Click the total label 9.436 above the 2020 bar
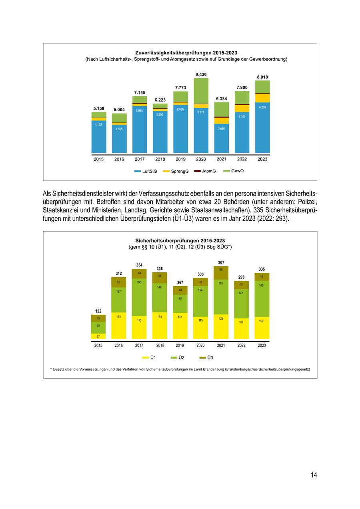(x=201, y=74)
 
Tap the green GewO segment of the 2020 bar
(x=201, y=91)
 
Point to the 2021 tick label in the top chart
(x=221, y=159)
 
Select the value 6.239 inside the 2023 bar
(x=262, y=107)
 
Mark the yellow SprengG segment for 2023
(x=262, y=98)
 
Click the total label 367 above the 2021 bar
(x=221, y=262)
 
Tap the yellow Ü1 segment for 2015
(x=98, y=336)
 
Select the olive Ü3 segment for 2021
(x=221, y=273)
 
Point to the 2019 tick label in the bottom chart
(x=180, y=345)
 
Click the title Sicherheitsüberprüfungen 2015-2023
(x=180, y=241)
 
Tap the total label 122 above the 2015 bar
(x=98, y=311)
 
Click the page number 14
(x=314, y=475)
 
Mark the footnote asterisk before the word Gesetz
(x=52, y=369)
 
